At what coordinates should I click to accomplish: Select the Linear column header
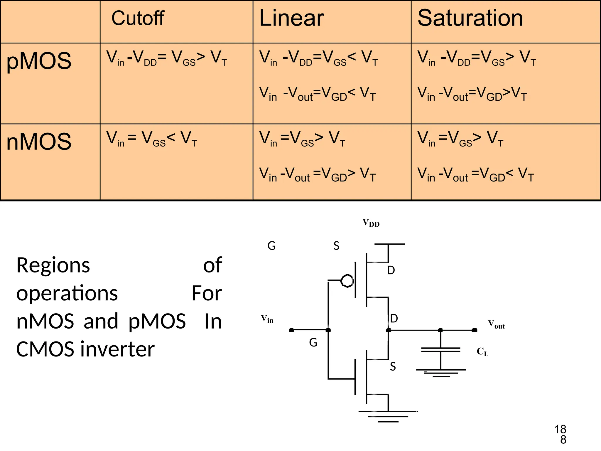pyautogui.click(x=291, y=18)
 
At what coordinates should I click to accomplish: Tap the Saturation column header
pyautogui.click(x=470, y=18)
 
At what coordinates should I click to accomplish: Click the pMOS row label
pyautogui.click(x=39, y=61)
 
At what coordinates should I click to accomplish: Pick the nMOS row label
pyautogui.click(x=39, y=142)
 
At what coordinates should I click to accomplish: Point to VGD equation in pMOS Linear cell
pyautogui.click(x=318, y=94)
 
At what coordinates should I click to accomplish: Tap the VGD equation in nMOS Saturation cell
pyautogui.click(x=475, y=175)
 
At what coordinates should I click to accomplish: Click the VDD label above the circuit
pyautogui.click(x=371, y=223)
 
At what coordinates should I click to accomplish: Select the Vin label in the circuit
pyautogui.click(x=267, y=319)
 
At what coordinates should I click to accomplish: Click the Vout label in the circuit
pyautogui.click(x=496, y=324)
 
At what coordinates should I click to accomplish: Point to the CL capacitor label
pyautogui.click(x=482, y=351)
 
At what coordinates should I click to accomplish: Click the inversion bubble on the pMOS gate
pyautogui.click(x=347, y=281)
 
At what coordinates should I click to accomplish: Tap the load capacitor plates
pyautogui.click(x=440, y=349)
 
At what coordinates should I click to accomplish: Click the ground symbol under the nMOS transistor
pyautogui.click(x=388, y=416)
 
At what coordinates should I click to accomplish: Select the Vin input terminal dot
pyautogui.click(x=291, y=330)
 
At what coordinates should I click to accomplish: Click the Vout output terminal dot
pyautogui.click(x=474, y=330)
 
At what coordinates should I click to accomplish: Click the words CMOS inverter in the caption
pyautogui.click(x=85, y=349)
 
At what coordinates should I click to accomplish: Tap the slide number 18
pyautogui.click(x=560, y=430)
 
